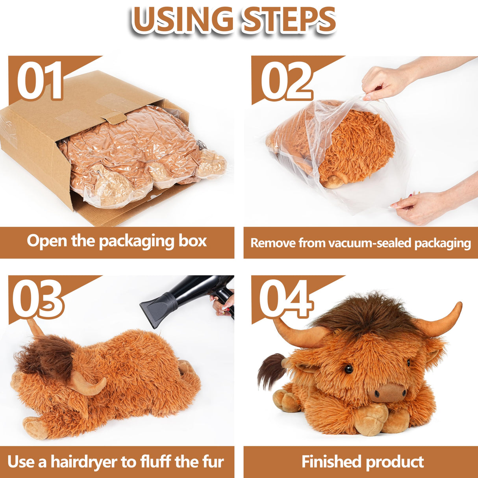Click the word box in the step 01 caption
coord(193,241)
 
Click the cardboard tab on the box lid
coord(115,117)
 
